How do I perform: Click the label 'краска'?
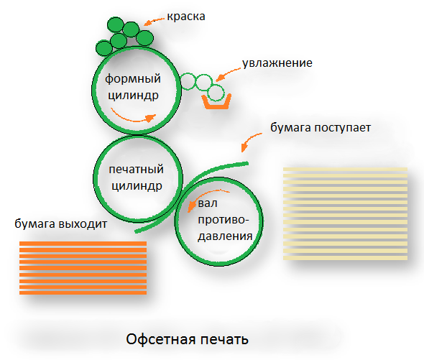[186, 17]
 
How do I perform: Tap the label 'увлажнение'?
[277, 63]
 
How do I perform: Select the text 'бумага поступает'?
[321, 128]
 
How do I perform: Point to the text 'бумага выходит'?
[61, 224]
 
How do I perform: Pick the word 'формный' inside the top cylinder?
[133, 79]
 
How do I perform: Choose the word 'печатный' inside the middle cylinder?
[136, 170]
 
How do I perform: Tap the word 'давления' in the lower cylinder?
[225, 236]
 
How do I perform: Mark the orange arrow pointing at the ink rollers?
[154, 21]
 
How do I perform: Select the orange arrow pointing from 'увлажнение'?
[228, 75]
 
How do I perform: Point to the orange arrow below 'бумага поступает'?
[249, 140]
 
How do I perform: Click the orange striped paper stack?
[83, 268]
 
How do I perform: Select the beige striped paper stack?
[346, 213]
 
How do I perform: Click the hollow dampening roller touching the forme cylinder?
[188, 81]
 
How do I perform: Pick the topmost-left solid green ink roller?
[116, 25]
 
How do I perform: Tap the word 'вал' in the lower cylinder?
[208, 203]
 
